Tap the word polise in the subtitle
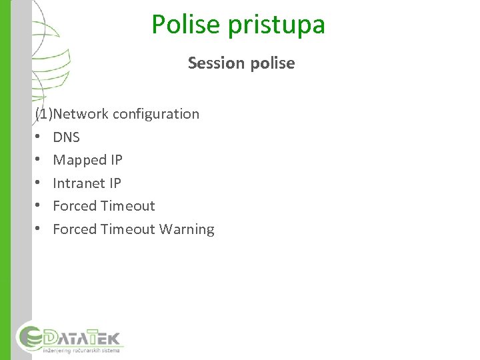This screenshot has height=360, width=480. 271,63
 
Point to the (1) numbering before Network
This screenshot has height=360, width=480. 44,114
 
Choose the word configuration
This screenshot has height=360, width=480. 156,114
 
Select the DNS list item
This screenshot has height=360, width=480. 66,137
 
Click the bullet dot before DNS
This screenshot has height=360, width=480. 38,137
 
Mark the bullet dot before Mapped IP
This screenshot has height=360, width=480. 38,160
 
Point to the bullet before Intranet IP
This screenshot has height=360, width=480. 38,183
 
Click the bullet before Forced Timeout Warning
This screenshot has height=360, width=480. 38,229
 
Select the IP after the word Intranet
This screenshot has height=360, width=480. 115,183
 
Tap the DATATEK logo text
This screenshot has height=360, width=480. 84,335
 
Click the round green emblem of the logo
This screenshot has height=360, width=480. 30,337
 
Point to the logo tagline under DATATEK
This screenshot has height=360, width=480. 81,349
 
